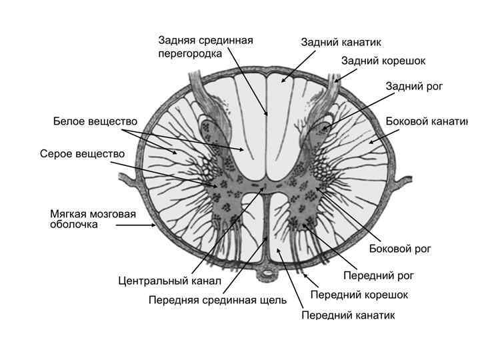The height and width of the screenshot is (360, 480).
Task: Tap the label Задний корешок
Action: [x=383, y=61]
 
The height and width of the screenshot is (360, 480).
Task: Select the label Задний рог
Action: [x=414, y=86]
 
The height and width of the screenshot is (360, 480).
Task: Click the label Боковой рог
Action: [x=400, y=249]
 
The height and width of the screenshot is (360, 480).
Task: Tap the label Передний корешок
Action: [x=359, y=294]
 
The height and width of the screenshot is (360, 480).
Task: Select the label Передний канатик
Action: [x=348, y=315]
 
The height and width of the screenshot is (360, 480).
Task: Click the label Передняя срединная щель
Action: [x=217, y=300]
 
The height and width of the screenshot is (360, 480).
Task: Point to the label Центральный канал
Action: [x=169, y=281]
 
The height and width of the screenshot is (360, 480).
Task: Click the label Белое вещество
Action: [x=95, y=121]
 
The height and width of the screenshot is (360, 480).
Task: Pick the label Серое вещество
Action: [x=82, y=153]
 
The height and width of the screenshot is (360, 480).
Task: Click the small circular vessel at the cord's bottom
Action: [x=267, y=272]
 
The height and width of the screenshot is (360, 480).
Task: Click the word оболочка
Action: [x=74, y=224]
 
